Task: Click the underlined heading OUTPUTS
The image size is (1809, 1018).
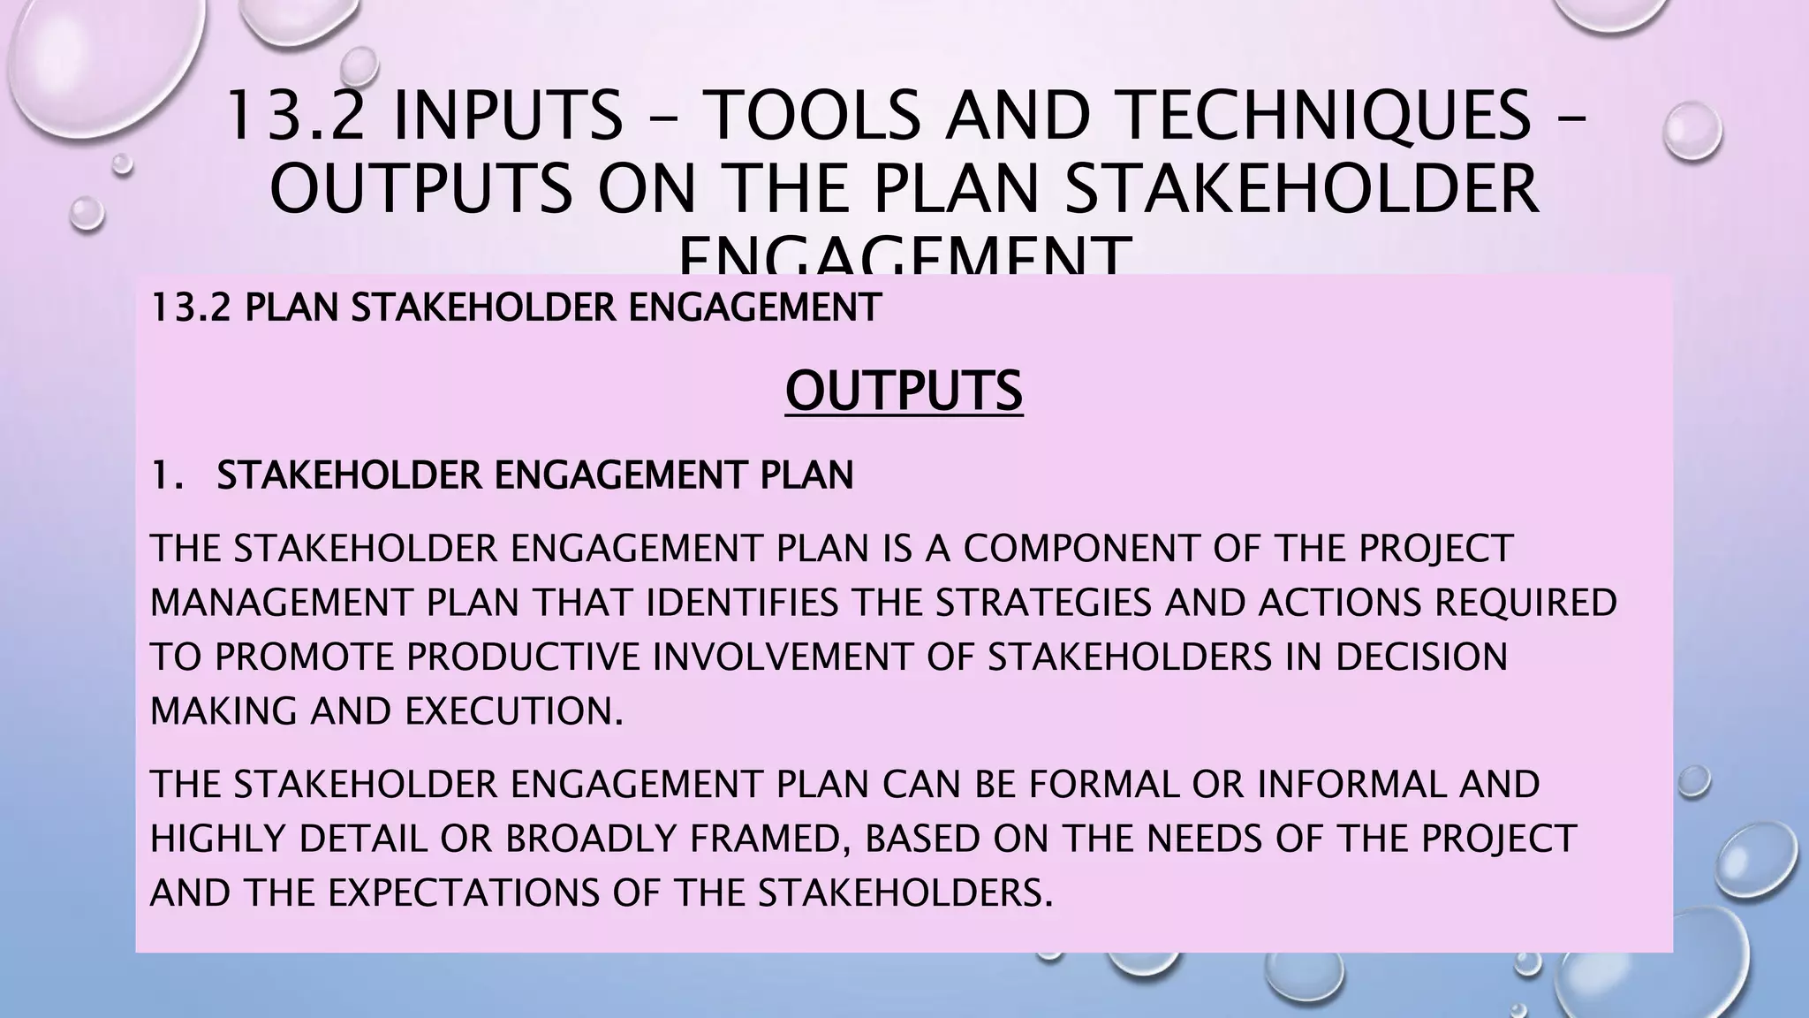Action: [904, 391]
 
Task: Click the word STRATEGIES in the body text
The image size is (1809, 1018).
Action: [1043, 603]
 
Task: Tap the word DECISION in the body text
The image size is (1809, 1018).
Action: [1421, 657]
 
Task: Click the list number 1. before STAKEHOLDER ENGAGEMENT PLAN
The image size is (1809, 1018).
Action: [167, 475]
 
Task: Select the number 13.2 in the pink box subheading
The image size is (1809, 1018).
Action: [190, 308]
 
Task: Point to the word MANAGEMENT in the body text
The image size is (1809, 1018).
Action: [283, 603]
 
